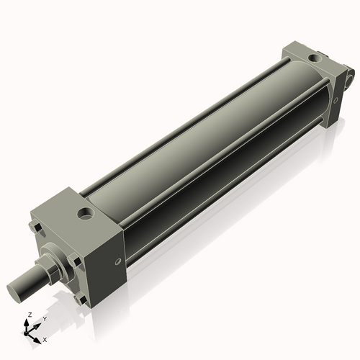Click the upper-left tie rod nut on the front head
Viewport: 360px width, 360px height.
36,229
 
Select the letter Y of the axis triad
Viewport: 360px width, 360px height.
45,318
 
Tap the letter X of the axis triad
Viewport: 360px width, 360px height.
45,338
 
